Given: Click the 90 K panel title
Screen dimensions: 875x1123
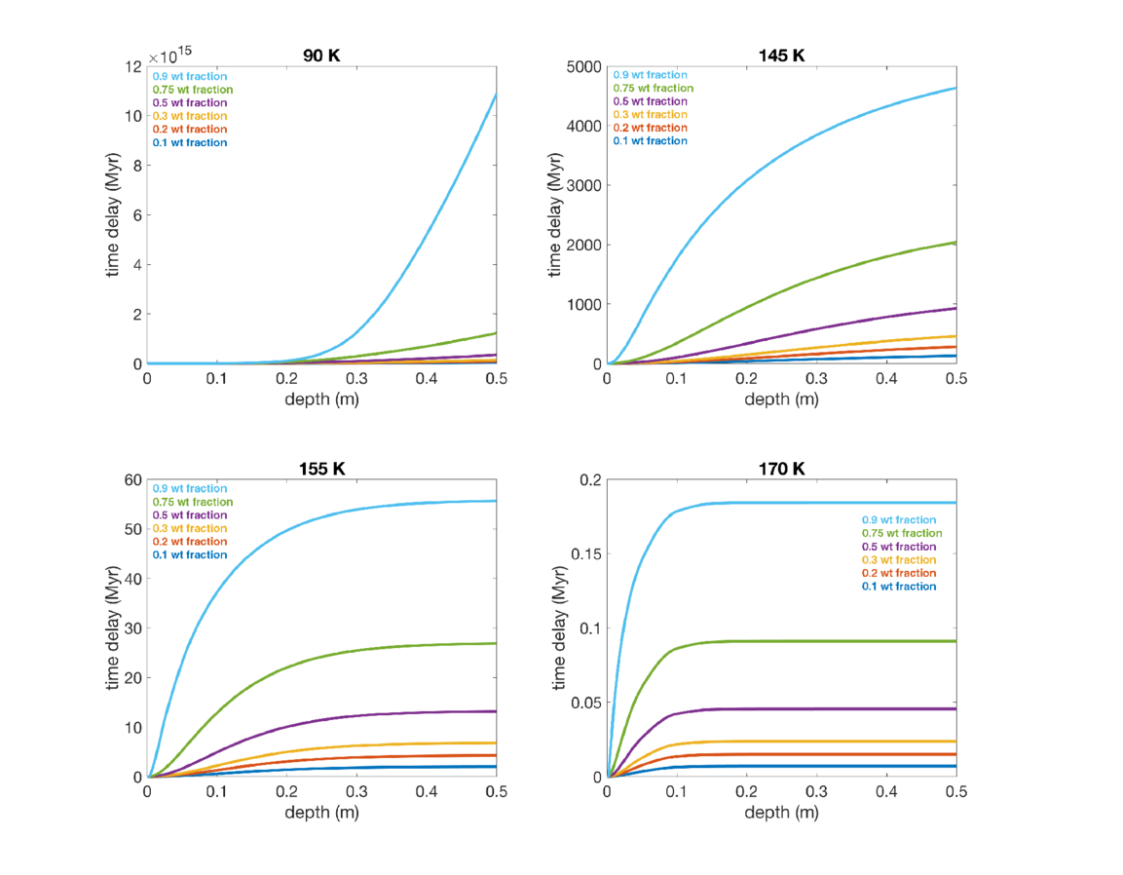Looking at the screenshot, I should [321, 56].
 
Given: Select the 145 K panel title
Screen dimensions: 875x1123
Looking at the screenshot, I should [781, 56].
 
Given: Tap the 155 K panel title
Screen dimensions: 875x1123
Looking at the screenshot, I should [321, 469].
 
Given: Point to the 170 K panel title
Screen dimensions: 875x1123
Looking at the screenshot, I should [781, 469].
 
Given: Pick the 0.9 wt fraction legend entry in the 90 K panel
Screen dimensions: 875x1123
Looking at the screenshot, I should [189, 76].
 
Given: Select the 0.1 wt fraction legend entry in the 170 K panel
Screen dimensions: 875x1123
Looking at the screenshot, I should [898, 587].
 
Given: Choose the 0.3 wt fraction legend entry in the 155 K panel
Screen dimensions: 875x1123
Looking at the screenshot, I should [189, 528].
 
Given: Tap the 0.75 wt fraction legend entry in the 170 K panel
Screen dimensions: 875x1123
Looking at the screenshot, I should [901, 534].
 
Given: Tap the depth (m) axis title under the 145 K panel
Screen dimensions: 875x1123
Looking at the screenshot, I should [781, 399].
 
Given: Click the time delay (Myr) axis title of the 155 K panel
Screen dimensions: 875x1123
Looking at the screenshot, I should [114, 628].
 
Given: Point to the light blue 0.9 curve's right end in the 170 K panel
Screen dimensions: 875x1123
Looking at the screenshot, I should [955, 503].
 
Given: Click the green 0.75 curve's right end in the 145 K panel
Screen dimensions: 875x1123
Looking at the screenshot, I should [955, 243].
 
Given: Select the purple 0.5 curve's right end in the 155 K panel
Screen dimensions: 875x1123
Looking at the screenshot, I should [496, 711].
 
